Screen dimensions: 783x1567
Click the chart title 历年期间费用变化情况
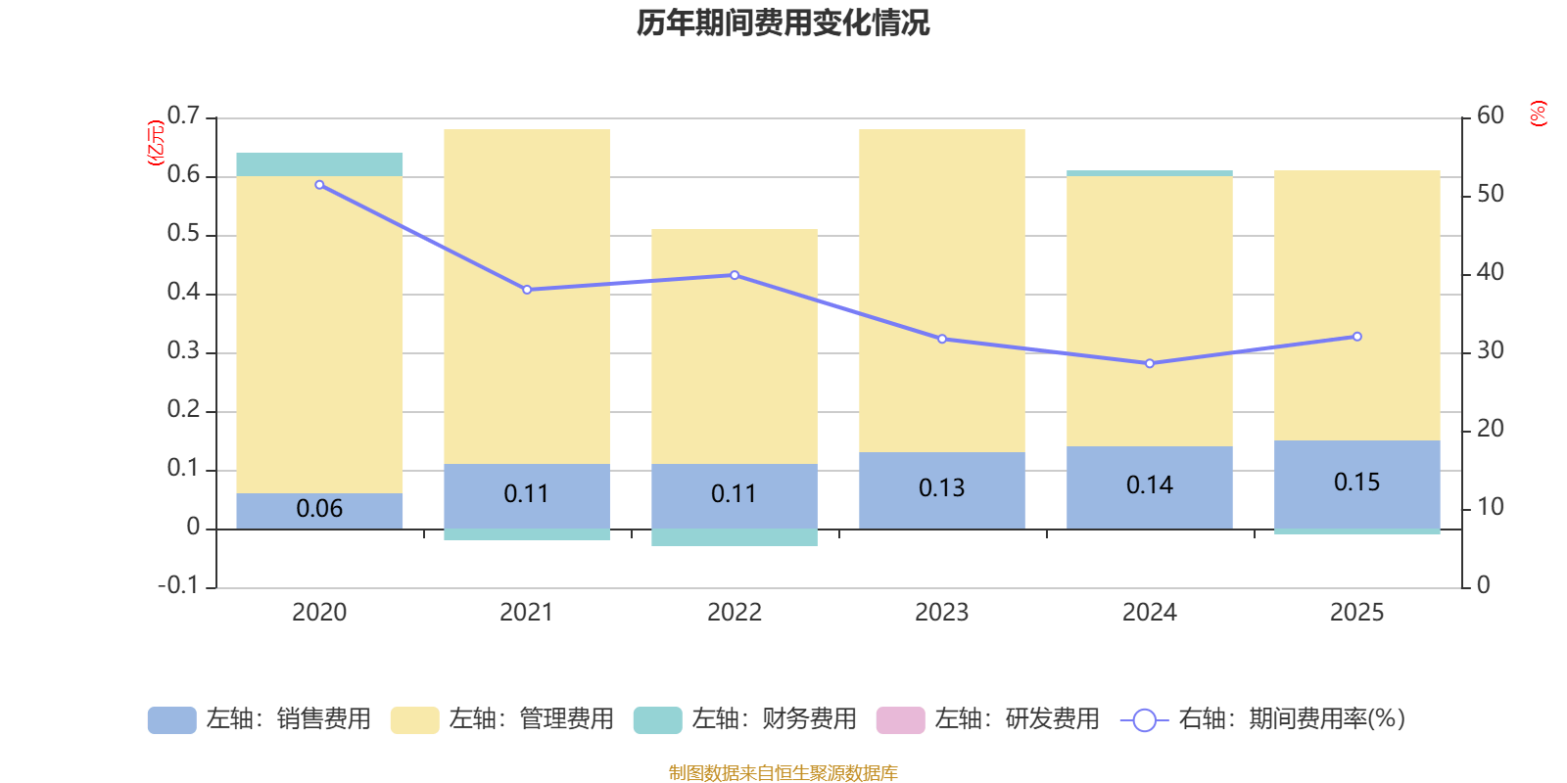pos(783,23)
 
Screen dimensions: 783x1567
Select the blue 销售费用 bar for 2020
pos(319,511)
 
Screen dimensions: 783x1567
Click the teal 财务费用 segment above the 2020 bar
pos(319,164)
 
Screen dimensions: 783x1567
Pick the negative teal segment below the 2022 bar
pos(735,537)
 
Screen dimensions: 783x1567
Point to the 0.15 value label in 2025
pos(1356,482)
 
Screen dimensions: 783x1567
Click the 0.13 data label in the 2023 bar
pos(941,487)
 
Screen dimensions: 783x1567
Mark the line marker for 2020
pos(319,185)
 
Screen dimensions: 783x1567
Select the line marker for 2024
pos(1150,363)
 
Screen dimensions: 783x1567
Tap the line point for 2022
pos(735,275)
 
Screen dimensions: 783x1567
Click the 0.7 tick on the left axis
pos(183,116)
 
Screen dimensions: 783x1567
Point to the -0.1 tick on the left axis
pos(178,585)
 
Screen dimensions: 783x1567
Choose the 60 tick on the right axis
pos(1491,115)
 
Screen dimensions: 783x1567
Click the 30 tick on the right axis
pos(1491,350)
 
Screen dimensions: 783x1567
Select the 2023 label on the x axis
pos(941,613)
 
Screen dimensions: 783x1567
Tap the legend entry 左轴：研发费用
pos(1016,719)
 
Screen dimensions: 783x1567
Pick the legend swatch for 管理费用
pos(414,720)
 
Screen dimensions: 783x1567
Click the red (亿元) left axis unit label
pos(155,143)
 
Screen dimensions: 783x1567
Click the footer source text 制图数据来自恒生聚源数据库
pos(783,773)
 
